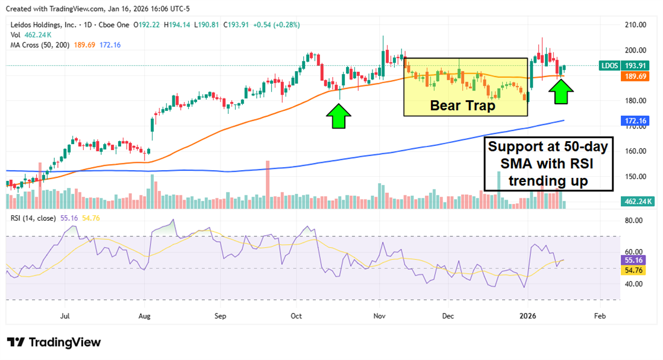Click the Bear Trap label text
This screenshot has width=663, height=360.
tap(462, 106)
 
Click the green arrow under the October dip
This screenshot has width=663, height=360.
tap(339, 116)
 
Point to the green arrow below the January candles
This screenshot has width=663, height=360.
tap(561, 92)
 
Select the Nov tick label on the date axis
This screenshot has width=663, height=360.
tap(380, 315)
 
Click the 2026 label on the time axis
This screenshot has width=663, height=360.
tap(528, 315)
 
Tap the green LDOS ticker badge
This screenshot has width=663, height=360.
tap(612, 66)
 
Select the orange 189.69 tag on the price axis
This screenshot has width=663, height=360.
tap(635, 77)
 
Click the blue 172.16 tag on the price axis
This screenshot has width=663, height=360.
tap(635, 121)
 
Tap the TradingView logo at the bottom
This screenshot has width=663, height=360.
tap(54, 343)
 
